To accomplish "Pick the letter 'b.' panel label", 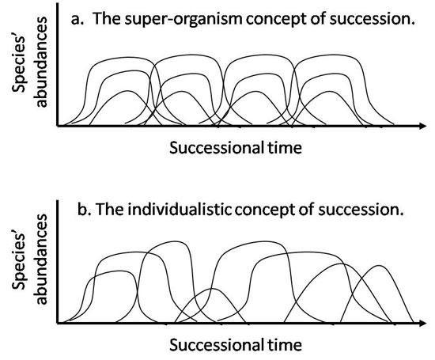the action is (84, 210).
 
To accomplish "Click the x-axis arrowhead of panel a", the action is (423, 126).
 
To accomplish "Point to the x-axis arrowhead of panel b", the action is (423, 323).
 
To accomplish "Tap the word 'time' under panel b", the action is (285, 345).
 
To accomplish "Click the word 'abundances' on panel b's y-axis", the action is (42, 260).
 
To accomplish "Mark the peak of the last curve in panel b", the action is (379, 265).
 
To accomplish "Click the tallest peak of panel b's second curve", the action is (174, 241).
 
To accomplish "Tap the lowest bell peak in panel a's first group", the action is (127, 91).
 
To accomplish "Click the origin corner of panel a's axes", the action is (57, 126).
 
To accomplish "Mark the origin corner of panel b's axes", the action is (57, 323).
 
